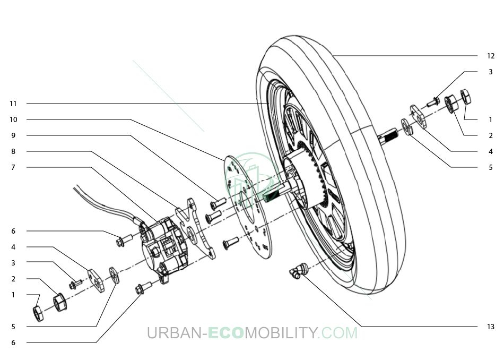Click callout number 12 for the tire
[491, 56]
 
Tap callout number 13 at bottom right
[491, 327]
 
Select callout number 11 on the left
[13, 104]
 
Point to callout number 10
[13, 119]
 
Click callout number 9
[13, 135]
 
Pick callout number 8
[13, 151]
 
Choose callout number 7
[13, 167]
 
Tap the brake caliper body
[164, 246]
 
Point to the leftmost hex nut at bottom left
[38, 314]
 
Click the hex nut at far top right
[466, 97]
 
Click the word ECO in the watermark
[225, 333]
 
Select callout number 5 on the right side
[491, 167]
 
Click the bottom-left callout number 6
[13, 342]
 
